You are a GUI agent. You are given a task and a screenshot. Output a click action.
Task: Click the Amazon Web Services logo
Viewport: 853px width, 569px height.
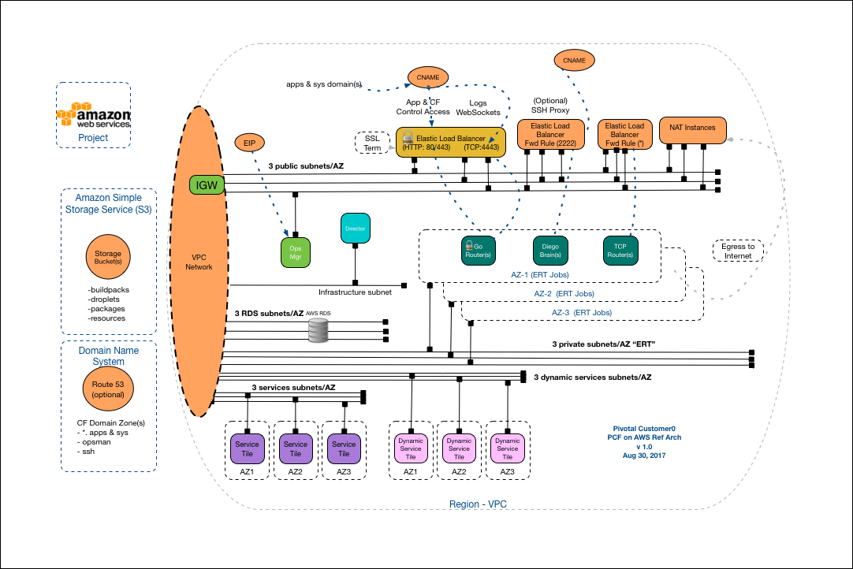[x=93, y=114]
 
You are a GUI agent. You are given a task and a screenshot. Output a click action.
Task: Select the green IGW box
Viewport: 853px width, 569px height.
[x=207, y=185]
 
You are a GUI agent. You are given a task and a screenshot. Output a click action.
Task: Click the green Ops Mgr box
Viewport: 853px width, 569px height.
[x=296, y=250]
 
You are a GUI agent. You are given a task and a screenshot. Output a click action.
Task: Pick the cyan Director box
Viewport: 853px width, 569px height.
[x=356, y=229]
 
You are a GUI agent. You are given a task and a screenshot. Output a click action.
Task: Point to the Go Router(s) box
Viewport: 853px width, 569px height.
[x=478, y=250]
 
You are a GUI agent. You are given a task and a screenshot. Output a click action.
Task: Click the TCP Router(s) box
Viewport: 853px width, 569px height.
[x=620, y=250]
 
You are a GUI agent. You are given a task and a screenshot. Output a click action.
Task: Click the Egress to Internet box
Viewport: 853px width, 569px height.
[x=737, y=251]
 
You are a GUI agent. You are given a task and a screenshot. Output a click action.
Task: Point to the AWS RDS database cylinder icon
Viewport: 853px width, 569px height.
[x=318, y=331]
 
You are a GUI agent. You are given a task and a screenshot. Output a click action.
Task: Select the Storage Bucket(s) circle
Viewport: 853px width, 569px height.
[x=108, y=259]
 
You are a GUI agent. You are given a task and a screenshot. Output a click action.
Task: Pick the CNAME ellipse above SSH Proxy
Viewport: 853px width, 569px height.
[x=574, y=60]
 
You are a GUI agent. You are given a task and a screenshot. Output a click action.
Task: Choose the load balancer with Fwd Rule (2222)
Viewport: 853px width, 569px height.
[x=550, y=134]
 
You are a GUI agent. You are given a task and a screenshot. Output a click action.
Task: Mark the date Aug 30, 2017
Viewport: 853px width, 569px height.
[x=639, y=456]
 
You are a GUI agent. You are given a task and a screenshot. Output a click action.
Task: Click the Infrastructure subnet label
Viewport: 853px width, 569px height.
[x=355, y=292]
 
